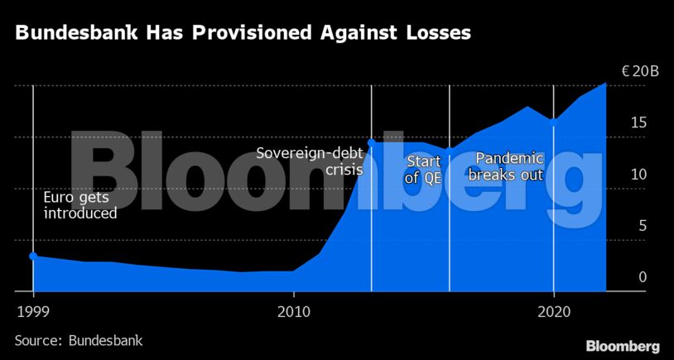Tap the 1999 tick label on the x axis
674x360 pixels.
(33, 313)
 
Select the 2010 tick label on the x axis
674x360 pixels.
(293, 313)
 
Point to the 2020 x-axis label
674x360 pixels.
(553, 313)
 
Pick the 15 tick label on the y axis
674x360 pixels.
(636, 123)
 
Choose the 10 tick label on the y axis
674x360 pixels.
(636, 175)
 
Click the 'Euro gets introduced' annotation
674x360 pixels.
(80, 204)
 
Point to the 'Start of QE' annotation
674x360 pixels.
(423, 170)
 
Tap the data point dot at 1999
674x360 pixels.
(33, 257)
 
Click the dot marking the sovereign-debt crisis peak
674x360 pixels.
(371, 142)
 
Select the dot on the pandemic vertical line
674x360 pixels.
(553, 121)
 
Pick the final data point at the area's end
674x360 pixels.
(605, 84)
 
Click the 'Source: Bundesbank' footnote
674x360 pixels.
(79, 340)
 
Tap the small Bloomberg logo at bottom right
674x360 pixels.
(623, 345)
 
